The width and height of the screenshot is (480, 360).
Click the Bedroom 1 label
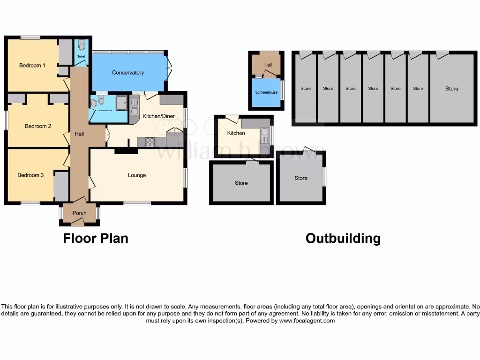pyautogui.click(x=32, y=66)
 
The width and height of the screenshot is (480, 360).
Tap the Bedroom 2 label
pyautogui.click(x=38, y=126)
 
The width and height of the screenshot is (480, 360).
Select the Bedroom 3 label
pyautogui.click(x=30, y=175)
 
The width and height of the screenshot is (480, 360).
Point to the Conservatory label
pyautogui.click(x=128, y=73)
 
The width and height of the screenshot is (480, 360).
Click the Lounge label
pyautogui.click(x=137, y=175)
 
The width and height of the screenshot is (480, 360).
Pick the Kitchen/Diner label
pyautogui.click(x=155, y=115)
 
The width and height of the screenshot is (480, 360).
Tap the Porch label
pyautogui.click(x=80, y=213)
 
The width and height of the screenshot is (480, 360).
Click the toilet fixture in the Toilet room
pyautogui.click(x=81, y=45)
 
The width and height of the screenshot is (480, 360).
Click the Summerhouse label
pyautogui.click(x=266, y=92)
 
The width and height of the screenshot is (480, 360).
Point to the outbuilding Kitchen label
pyautogui.click(x=236, y=133)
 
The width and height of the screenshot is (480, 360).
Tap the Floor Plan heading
pyautogui.click(x=96, y=238)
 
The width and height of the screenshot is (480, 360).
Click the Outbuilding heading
pyautogui.click(x=343, y=238)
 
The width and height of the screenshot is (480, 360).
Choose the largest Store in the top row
pyautogui.click(x=452, y=89)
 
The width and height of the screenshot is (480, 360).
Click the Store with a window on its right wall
pyautogui.click(x=301, y=178)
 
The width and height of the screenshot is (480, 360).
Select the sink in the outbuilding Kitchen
pyautogui.click(x=265, y=136)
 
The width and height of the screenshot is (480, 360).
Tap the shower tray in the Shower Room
pyautogui.click(x=121, y=102)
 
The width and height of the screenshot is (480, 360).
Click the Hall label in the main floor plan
pyautogui.click(x=79, y=134)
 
